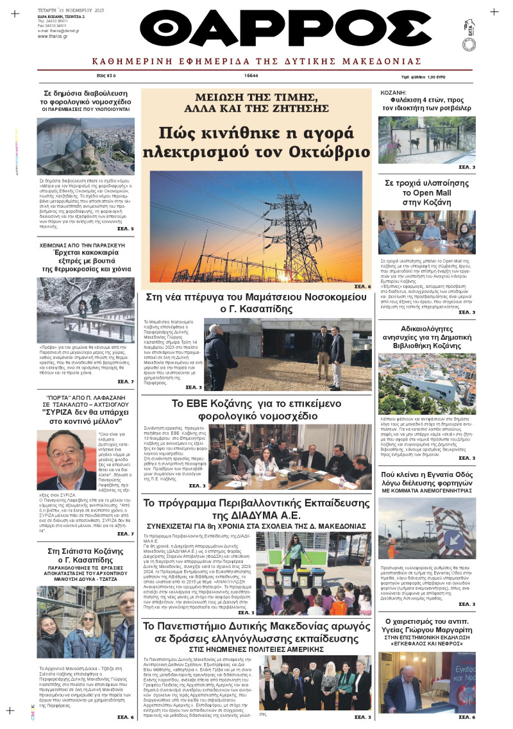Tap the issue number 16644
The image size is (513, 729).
251,75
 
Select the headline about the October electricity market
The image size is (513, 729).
256,142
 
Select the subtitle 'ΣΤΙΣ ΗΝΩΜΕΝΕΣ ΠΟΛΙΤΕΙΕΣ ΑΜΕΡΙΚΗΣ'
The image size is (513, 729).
256,649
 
